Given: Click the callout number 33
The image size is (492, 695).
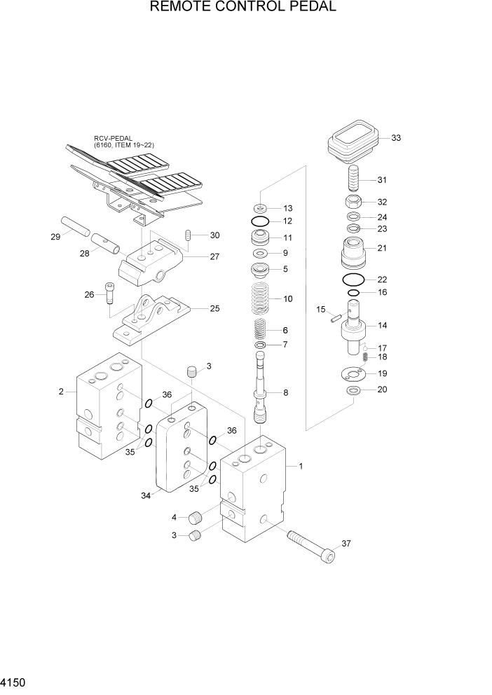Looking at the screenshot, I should tap(396, 138).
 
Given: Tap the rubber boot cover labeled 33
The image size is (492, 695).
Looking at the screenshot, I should tap(353, 142).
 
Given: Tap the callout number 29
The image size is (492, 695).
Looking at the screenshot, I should tap(55, 237).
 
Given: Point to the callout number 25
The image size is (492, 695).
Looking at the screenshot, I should tap(214, 308).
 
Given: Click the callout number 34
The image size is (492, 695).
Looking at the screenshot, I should tap(146, 496).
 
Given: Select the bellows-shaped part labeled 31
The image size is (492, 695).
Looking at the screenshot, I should tap(355, 180).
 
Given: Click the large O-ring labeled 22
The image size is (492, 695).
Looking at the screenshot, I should tap(354, 280).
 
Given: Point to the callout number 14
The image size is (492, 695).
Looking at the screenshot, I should tap(383, 326).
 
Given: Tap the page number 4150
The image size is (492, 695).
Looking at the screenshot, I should tap(15, 681).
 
